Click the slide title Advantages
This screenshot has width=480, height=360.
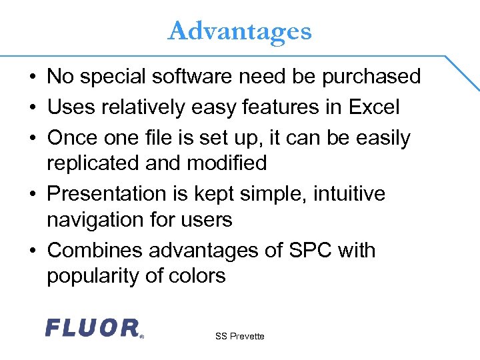(x=240, y=31)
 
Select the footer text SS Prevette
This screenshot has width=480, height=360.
(x=239, y=336)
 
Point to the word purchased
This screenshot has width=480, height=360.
(x=371, y=77)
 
